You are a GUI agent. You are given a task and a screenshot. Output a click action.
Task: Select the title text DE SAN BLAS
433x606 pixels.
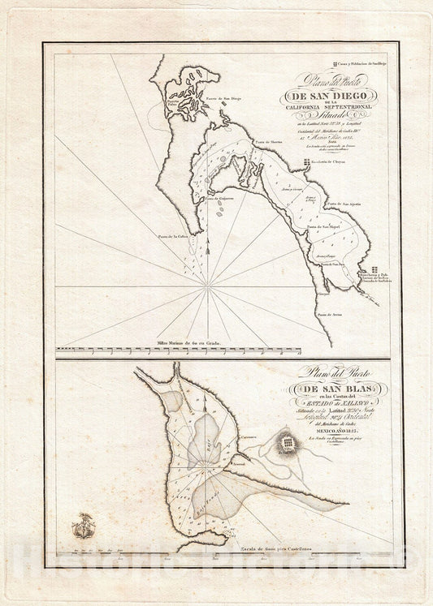pos(318,387)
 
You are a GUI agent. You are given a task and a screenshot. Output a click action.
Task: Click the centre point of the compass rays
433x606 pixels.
pos(210,286)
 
